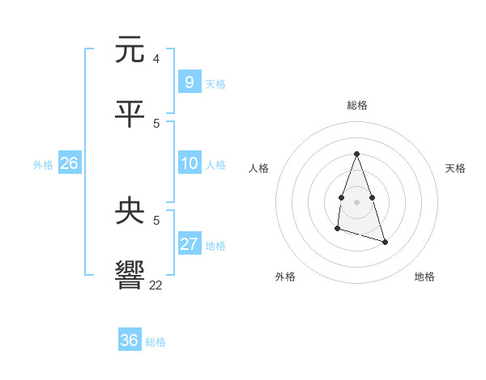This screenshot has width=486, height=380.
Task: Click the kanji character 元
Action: pyautogui.click(x=130, y=49)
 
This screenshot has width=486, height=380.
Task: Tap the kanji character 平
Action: pyautogui.click(x=130, y=114)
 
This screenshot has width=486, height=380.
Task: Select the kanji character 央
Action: pyautogui.click(x=130, y=211)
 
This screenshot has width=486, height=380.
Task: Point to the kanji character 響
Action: pyautogui.click(x=130, y=276)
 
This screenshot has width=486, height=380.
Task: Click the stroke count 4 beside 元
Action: pyautogui.click(x=156, y=58)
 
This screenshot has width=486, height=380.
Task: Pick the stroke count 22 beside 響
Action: pyautogui.click(x=156, y=285)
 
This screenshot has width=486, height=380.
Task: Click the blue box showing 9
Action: pyautogui.click(x=189, y=82)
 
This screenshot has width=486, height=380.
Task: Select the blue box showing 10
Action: pyautogui.click(x=189, y=163)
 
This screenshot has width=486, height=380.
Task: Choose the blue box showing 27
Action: pyautogui.click(x=189, y=244)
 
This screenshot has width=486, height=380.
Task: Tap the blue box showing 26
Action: pyautogui.click(x=69, y=163)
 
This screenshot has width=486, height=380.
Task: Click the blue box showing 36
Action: pyautogui.click(x=129, y=340)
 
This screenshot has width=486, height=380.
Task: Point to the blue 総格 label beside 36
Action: pyautogui.click(x=156, y=342)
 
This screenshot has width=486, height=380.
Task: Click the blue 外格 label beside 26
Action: pyautogui.click(x=43, y=165)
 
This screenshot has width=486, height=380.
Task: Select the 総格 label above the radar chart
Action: pyautogui.click(x=357, y=105)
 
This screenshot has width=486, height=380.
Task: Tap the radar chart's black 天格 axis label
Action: pyautogui.click(x=455, y=168)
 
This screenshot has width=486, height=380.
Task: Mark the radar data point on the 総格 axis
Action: pyautogui.click(x=356, y=154)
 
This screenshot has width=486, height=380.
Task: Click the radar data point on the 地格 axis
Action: pyautogui.click(x=385, y=242)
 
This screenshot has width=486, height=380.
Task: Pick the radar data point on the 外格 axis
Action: pyautogui.click(x=337, y=230)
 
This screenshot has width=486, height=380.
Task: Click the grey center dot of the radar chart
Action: pyautogui.click(x=356, y=201)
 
